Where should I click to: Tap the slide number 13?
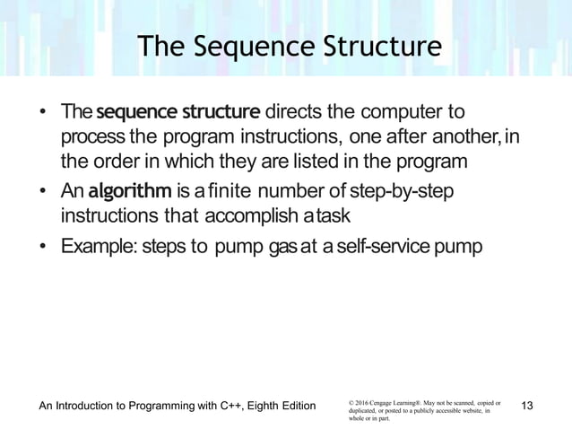pos(527,407)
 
